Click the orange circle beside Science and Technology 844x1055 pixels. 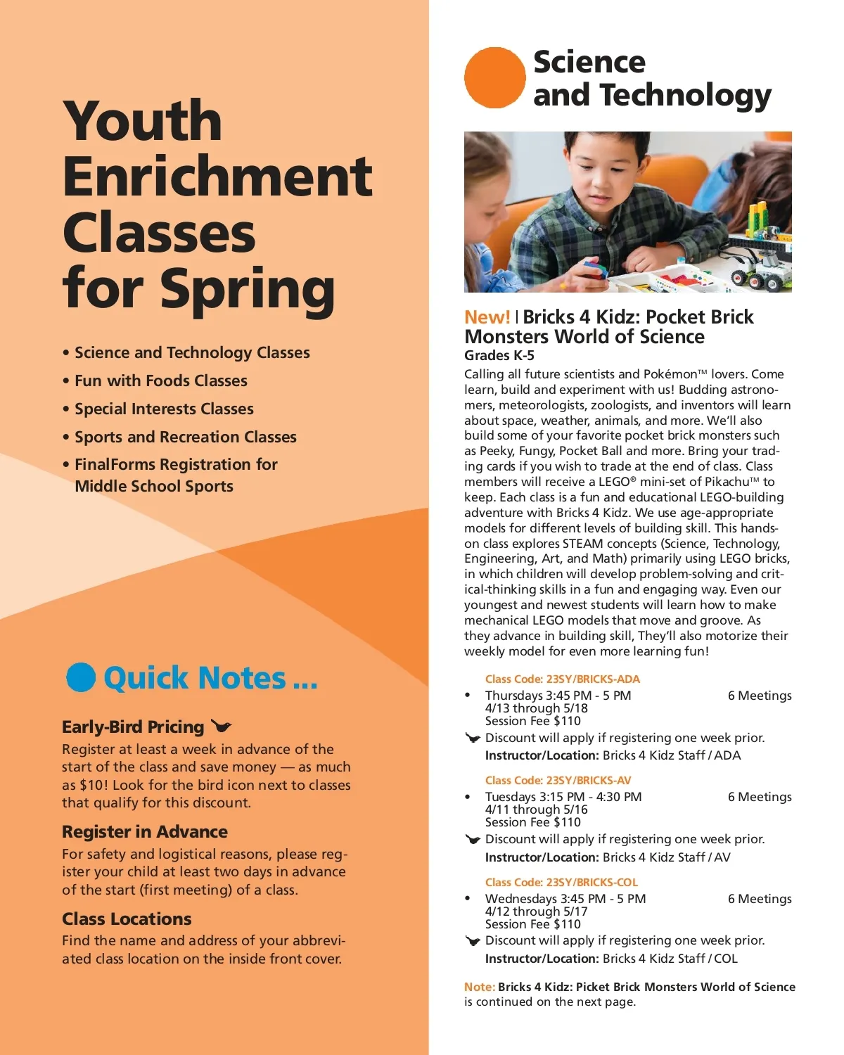click(494, 78)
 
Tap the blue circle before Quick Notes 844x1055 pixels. click(81, 677)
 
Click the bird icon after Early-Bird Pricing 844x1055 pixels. click(221, 726)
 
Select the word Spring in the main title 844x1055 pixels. click(248, 288)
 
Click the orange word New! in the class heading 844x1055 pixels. click(487, 317)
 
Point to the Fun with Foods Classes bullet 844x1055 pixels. click(161, 381)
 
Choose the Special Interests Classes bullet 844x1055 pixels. click(164, 409)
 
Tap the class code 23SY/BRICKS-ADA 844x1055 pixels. click(563, 679)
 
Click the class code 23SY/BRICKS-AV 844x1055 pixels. click(558, 780)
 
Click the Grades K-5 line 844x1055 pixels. click(499, 355)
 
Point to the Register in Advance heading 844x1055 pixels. click(145, 831)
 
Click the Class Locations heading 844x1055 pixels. click(127, 919)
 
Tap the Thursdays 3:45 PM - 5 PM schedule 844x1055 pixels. click(558, 696)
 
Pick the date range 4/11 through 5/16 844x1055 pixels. click(536, 810)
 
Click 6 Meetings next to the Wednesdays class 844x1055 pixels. click(760, 899)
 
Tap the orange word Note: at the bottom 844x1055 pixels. click(480, 987)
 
